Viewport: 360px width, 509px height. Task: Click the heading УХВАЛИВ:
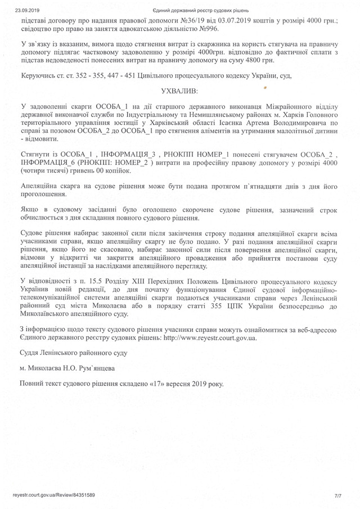[179, 89]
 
